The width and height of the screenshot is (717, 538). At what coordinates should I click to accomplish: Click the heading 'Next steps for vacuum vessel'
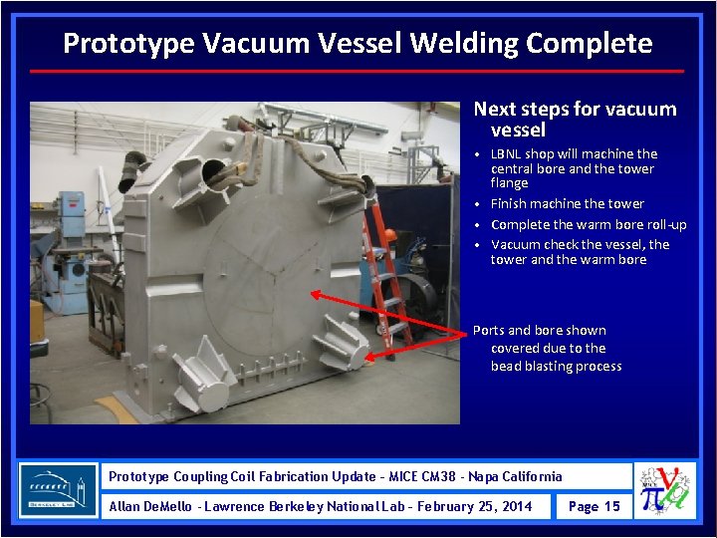574,120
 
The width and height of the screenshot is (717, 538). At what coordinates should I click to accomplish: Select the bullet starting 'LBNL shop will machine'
574,168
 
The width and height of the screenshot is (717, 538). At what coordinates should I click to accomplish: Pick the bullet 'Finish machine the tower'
567,203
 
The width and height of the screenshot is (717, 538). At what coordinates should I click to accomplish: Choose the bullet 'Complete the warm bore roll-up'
588,224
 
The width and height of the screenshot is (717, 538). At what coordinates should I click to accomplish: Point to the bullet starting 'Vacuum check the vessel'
580,252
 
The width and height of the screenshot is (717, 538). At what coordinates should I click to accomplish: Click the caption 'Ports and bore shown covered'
548,348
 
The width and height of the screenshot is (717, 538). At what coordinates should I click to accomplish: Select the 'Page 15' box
594,506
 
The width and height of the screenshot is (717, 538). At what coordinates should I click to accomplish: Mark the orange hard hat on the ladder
389,235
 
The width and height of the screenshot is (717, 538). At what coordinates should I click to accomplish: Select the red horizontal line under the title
358,72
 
